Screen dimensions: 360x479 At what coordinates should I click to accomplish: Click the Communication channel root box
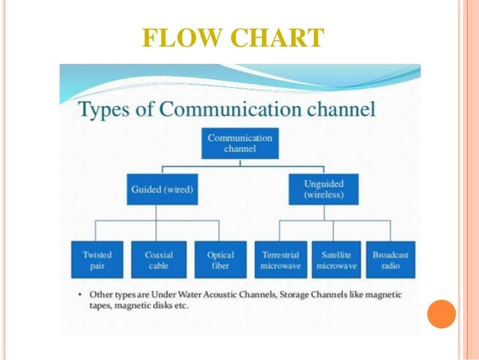(x=239, y=143)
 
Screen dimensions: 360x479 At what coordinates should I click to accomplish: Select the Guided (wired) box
(x=161, y=189)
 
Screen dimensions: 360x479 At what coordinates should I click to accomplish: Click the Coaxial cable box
(x=158, y=259)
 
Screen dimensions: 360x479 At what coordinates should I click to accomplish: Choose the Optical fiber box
(x=220, y=259)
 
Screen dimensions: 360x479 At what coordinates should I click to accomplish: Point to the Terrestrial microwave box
(x=279, y=259)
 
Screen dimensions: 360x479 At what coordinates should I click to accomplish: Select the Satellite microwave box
(x=335, y=259)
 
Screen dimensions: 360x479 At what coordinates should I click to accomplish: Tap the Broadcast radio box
(x=391, y=259)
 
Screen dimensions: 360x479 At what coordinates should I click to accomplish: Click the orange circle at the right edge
(x=441, y=313)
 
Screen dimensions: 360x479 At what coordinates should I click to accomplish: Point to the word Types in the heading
(x=105, y=111)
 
